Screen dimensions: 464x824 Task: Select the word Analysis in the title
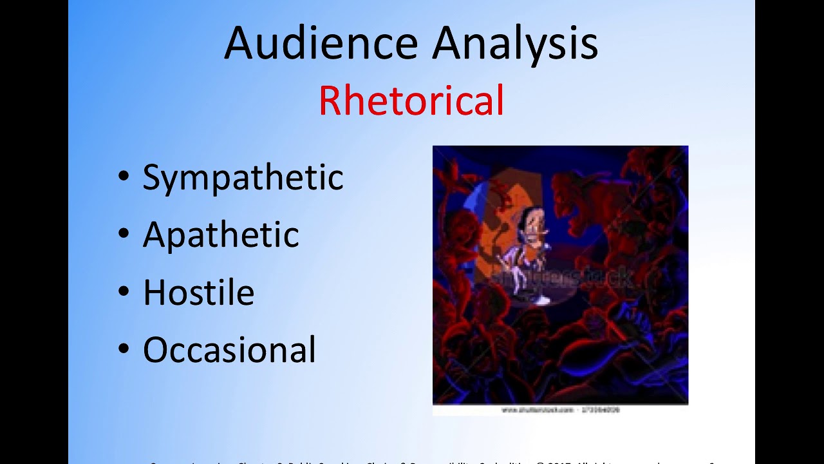[x=515, y=43]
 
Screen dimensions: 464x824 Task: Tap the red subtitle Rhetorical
[x=411, y=101]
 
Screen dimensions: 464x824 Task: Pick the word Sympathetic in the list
[x=243, y=177]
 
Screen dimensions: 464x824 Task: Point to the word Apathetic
[x=221, y=235]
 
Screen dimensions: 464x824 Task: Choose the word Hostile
[x=198, y=292]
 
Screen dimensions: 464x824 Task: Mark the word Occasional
[x=229, y=350]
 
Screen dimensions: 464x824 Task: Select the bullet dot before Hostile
[x=124, y=293]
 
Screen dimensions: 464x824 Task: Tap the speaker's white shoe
[x=542, y=300]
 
